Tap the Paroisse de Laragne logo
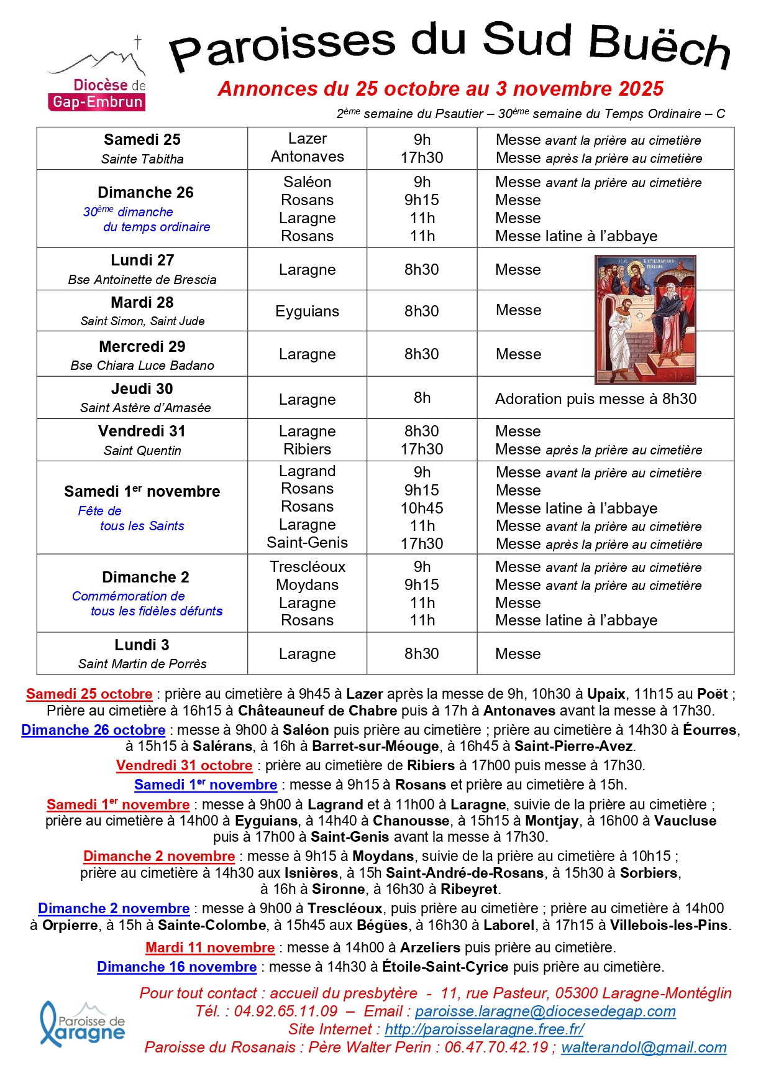[83, 1024]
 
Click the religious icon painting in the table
[645, 320]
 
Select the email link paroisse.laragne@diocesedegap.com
[545, 1011]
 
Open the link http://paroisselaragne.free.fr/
[484, 1029]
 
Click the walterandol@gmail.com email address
[644, 1047]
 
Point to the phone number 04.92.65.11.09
[286, 1011]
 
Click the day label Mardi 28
[142, 303]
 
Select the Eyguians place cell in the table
[307, 311]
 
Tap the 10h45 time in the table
[422, 508]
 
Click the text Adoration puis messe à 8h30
[595, 398]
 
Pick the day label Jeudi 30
[142, 389]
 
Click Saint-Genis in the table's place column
[307, 543]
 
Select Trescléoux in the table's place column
[307, 567]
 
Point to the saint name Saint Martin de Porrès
[142, 664]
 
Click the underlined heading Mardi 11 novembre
[210, 947]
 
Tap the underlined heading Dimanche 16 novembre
[176, 967]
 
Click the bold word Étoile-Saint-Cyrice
[445, 967]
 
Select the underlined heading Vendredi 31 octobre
[184, 765]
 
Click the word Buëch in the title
[659, 45]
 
